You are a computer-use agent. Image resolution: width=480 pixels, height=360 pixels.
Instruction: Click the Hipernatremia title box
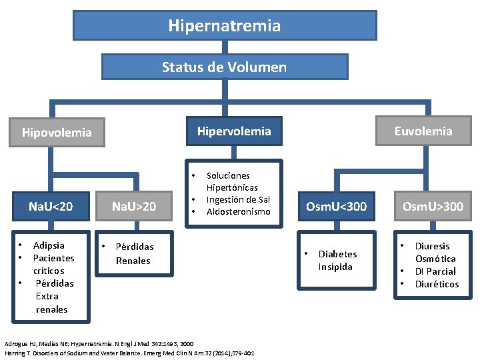(224, 26)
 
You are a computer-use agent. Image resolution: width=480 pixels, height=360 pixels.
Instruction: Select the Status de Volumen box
(224, 67)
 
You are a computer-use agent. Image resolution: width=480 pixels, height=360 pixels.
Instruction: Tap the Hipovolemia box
(57, 132)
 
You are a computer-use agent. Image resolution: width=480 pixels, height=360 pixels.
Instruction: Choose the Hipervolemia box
(233, 131)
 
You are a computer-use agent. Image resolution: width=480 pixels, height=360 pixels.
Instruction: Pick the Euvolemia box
(423, 131)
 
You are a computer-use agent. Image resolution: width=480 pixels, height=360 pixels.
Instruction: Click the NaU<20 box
(51, 206)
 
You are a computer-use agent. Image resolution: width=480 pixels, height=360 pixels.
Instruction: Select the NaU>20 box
(133, 206)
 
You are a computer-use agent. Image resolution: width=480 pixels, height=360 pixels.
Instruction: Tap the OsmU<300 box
(336, 206)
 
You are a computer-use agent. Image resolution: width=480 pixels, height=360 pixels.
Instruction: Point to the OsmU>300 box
(432, 206)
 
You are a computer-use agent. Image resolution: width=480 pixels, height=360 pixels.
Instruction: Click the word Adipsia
(49, 245)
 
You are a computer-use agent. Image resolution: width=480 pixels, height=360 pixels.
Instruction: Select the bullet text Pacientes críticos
(53, 264)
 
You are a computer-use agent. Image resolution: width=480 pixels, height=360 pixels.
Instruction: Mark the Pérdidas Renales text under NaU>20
(134, 253)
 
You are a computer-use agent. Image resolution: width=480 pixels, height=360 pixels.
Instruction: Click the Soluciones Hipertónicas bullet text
(232, 181)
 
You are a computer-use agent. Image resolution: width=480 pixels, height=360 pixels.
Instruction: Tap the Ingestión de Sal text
(238, 199)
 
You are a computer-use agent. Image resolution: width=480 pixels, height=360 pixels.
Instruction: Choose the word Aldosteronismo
(238, 211)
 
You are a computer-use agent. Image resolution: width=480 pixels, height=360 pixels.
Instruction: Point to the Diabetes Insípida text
(337, 260)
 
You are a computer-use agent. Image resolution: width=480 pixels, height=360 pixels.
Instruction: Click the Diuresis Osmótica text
(435, 252)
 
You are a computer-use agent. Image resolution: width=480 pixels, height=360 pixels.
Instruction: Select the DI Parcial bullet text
(435, 271)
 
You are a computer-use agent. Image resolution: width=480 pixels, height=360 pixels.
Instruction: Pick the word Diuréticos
(437, 284)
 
